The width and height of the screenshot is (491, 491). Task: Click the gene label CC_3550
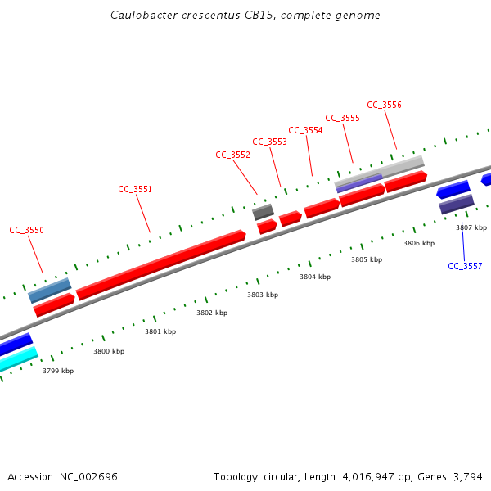[26, 230]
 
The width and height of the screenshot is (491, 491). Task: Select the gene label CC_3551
[135, 189]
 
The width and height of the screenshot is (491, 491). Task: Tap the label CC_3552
[232, 155]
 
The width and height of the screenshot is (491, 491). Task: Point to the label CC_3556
[384, 105]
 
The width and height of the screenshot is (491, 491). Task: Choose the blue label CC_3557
[465, 266]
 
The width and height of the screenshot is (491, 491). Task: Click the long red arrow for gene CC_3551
[160, 264]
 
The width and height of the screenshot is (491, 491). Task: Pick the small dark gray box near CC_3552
[263, 212]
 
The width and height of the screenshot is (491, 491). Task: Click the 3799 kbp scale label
[58, 371]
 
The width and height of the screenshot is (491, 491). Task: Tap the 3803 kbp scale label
[263, 295]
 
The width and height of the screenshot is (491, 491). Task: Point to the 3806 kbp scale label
[419, 243]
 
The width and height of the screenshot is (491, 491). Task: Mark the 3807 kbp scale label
[471, 227]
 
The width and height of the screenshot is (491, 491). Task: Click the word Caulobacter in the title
[140, 16]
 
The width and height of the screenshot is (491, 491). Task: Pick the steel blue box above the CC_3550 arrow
[50, 290]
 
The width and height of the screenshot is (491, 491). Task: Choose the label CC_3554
[305, 130]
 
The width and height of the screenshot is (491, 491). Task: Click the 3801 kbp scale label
[160, 331]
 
